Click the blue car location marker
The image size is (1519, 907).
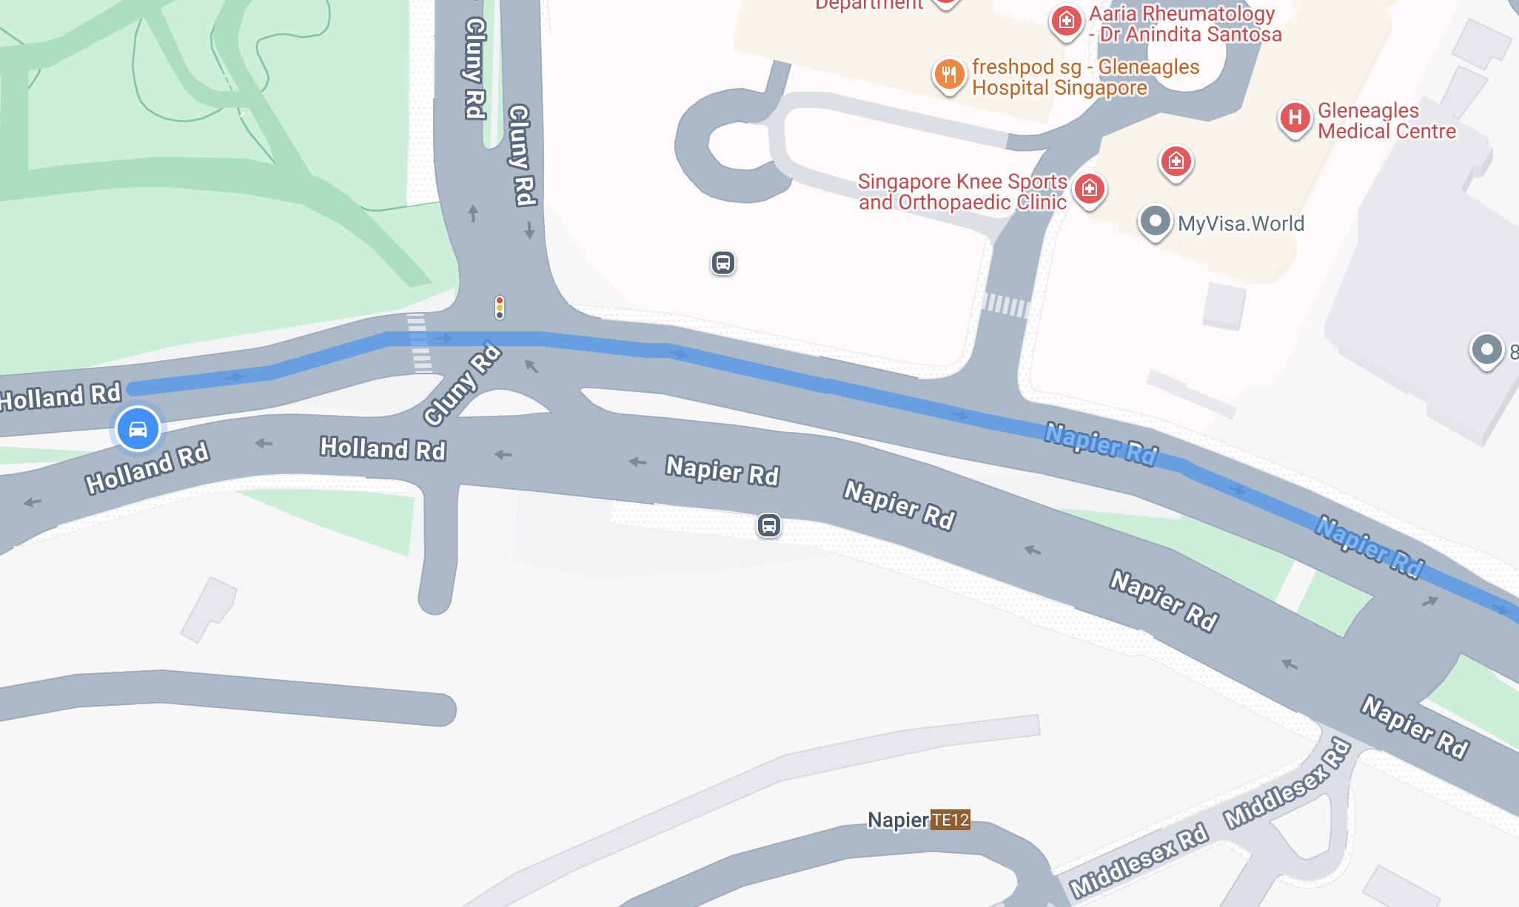click(138, 429)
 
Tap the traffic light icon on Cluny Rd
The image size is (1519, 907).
click(500, 307)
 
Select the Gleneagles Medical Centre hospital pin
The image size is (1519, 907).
click(1295, 118)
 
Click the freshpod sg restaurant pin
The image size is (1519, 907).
click(949, 75)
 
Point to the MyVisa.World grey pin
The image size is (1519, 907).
click(1155, 221)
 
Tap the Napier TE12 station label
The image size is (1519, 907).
click(918, 820)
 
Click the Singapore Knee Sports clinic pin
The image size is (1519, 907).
click(1089, 189)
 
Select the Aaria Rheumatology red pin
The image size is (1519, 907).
click(1066, 21)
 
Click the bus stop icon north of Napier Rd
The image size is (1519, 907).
click(723, 263)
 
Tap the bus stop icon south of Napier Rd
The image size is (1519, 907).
click(769, 525)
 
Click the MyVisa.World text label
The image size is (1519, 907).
click(1241, 223)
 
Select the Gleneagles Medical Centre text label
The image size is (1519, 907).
click(1386, 121)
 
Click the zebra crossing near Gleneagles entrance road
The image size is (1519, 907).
click(1006, 304)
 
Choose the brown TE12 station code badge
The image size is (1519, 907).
click(950, 820)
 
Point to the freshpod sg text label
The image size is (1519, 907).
click(1085, 77)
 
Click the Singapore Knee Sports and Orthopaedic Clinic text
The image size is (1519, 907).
click(962, 192)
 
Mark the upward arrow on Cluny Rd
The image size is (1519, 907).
click(473, 213)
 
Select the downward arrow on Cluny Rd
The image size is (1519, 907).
click(529, 230)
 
